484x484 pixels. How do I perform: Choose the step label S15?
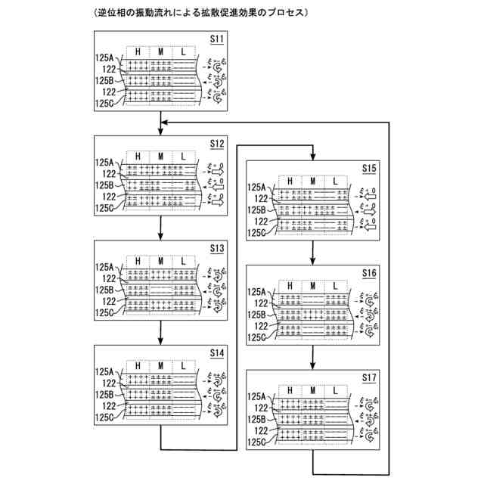click(369, 167)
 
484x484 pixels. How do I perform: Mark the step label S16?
click(369, 271)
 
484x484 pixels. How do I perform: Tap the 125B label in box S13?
click(104, 289)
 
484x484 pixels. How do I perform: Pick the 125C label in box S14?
click(104, 417)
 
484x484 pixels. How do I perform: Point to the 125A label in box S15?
click(257, 187)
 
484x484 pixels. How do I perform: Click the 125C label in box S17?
click(257, 442)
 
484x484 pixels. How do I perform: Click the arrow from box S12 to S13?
click(163, 230)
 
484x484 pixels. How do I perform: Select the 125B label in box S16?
click(257, 314)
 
